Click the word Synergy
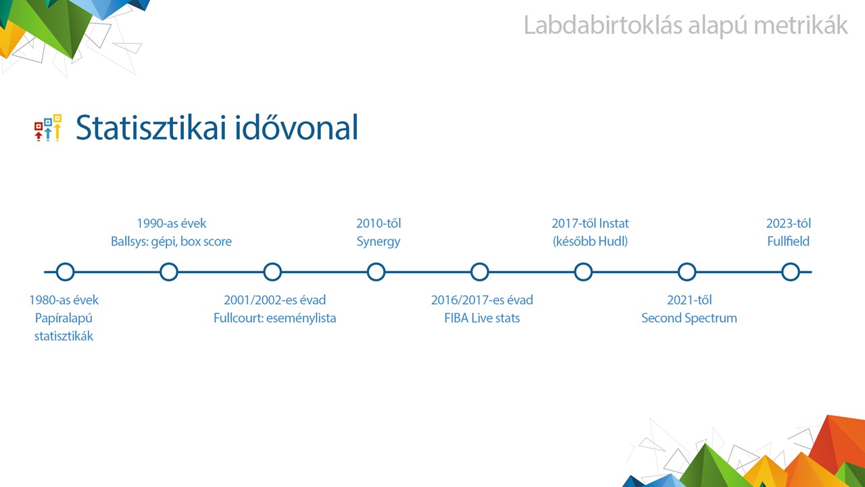(378, 242)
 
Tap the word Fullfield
(788, 241)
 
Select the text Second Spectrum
(689, 318)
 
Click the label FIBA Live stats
(482, 318)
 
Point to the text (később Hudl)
(590, 241)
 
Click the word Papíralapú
(64, 319)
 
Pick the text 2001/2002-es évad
(275, 300)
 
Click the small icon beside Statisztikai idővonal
(48, 128)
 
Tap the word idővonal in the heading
(297, 126)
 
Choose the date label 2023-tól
(789, 223)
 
